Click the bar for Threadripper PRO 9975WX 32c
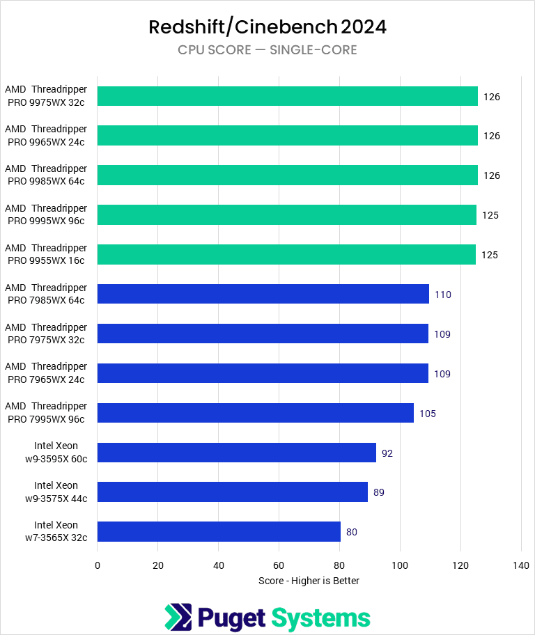pyautogui.click(x=287, y=96)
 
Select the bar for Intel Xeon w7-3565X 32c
pyautogui.click(x=219, y=532)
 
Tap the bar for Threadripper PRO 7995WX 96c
pyautogui.click(x=255, y=413)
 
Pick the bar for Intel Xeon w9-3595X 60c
pyautogui.click(x=236, y=453)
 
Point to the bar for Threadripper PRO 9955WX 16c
pyautogui.click(x=286, y=255)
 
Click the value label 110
pyautogui.click(x=443, y=295)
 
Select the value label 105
pyautogui.click(x=428, y=414)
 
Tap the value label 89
pyautogui.click(x=379, y=492)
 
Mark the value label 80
pyautogui.click(x=352, y=532)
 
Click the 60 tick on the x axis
pyautogui.click(x=279, y=565)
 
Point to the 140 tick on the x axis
pyautogui.click(x=521, y=565)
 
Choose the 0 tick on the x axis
pyautogui.click(x=98, y=565)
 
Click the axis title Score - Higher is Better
pyautogui.click(x=309, y=580)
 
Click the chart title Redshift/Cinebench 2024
pyautogui.click(x=267, y=27)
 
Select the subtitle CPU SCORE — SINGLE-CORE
pyautogui.click(x=267, y=50)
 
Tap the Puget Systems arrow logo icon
pyautogui.click(x=178, y=618)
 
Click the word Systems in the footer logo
pyautogui.click(x=320, y=618)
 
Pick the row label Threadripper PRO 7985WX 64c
pyautogui.click(x=46, y=294)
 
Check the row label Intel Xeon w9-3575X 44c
pyautogui.click(x=56, y=492)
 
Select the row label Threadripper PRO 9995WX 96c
pyautogui.click(x=46, y=214)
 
